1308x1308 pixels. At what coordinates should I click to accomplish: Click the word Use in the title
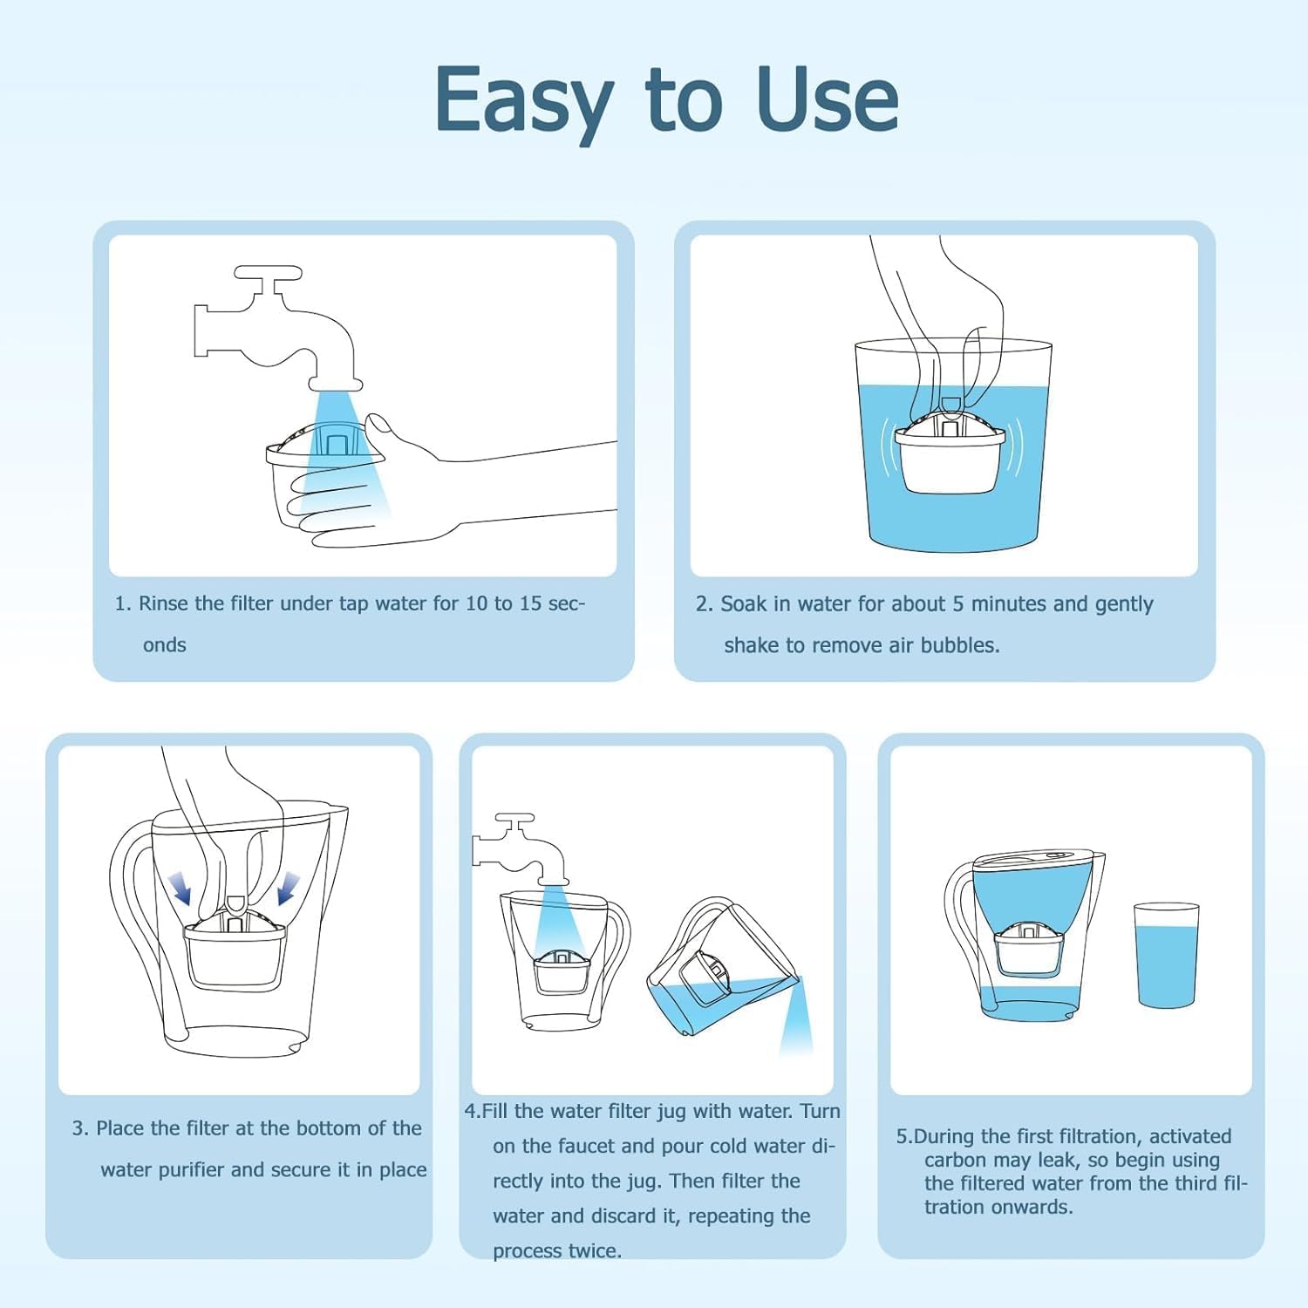828,100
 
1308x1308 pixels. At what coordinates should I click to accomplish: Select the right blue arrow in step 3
287,889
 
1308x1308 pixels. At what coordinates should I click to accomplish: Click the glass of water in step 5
1166,956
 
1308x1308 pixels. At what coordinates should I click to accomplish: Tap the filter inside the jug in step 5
1030,950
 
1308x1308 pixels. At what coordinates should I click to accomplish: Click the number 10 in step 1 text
476,603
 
